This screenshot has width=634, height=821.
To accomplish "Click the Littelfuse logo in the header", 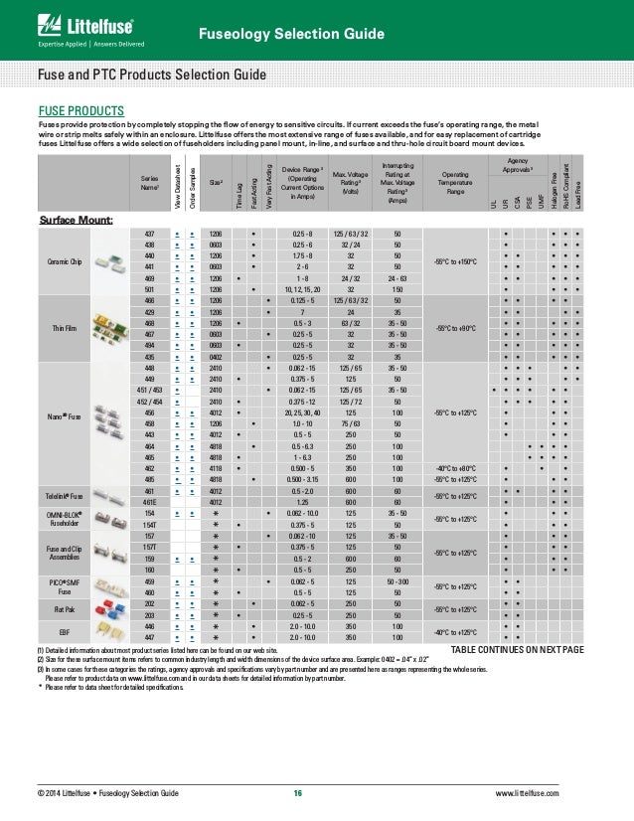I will click(x=71, y=23).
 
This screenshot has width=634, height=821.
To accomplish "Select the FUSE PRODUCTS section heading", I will click(x=80, y=109).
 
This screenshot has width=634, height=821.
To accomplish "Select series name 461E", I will click(x=148, y=502).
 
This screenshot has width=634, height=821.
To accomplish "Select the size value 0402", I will click(x=216, y=355).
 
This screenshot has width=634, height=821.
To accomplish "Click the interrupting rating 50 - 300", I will click(x=397, y=580).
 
